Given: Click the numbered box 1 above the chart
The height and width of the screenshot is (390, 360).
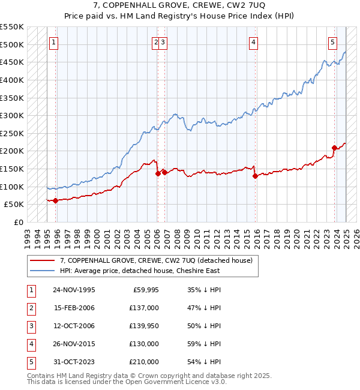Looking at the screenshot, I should tap(54, 42).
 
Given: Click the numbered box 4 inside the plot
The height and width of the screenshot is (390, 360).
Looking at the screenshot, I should tap(254, 42).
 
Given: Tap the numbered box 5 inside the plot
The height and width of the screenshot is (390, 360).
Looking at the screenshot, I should tap(332, 42).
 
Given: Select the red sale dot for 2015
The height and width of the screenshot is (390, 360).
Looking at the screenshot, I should tap(255, 176).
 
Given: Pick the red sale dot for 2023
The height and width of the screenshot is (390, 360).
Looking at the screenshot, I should tap(334, 148).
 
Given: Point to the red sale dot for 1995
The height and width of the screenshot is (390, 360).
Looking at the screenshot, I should tap(55, 201).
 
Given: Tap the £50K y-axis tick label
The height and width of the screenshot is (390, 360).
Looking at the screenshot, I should tap(14, 205).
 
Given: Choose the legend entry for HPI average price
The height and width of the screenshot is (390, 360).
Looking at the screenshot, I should tap(140, 271).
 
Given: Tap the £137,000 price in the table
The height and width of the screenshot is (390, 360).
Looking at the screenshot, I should tap(144, 307).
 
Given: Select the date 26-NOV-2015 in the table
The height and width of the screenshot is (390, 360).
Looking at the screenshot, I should tap(74, 344).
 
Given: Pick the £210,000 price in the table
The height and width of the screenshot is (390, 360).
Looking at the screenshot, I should tap(144, 362).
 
